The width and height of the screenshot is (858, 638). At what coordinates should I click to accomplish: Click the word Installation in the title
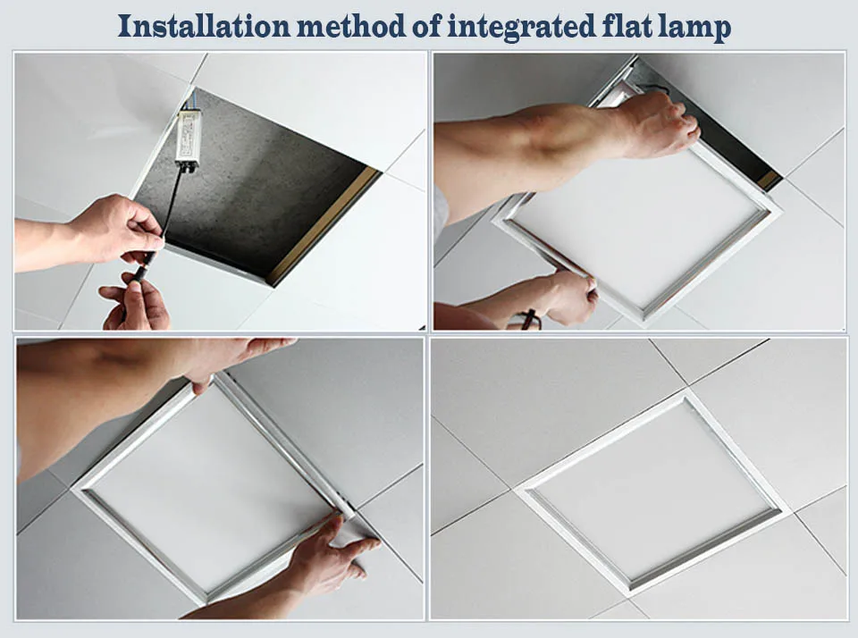(x=204, y=26)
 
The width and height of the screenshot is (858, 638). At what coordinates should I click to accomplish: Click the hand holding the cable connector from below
(x=136, y=304)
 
